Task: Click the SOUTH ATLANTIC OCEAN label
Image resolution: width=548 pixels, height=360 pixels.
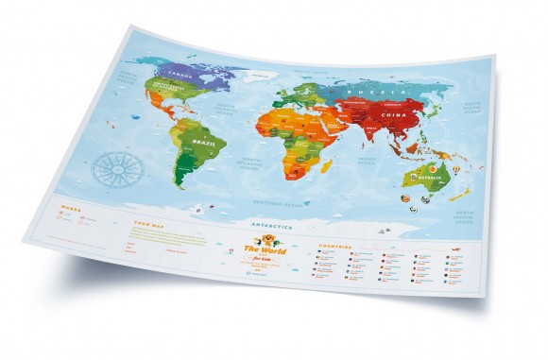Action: [249, 168]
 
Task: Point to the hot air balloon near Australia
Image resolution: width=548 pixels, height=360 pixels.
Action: [457, 170]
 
